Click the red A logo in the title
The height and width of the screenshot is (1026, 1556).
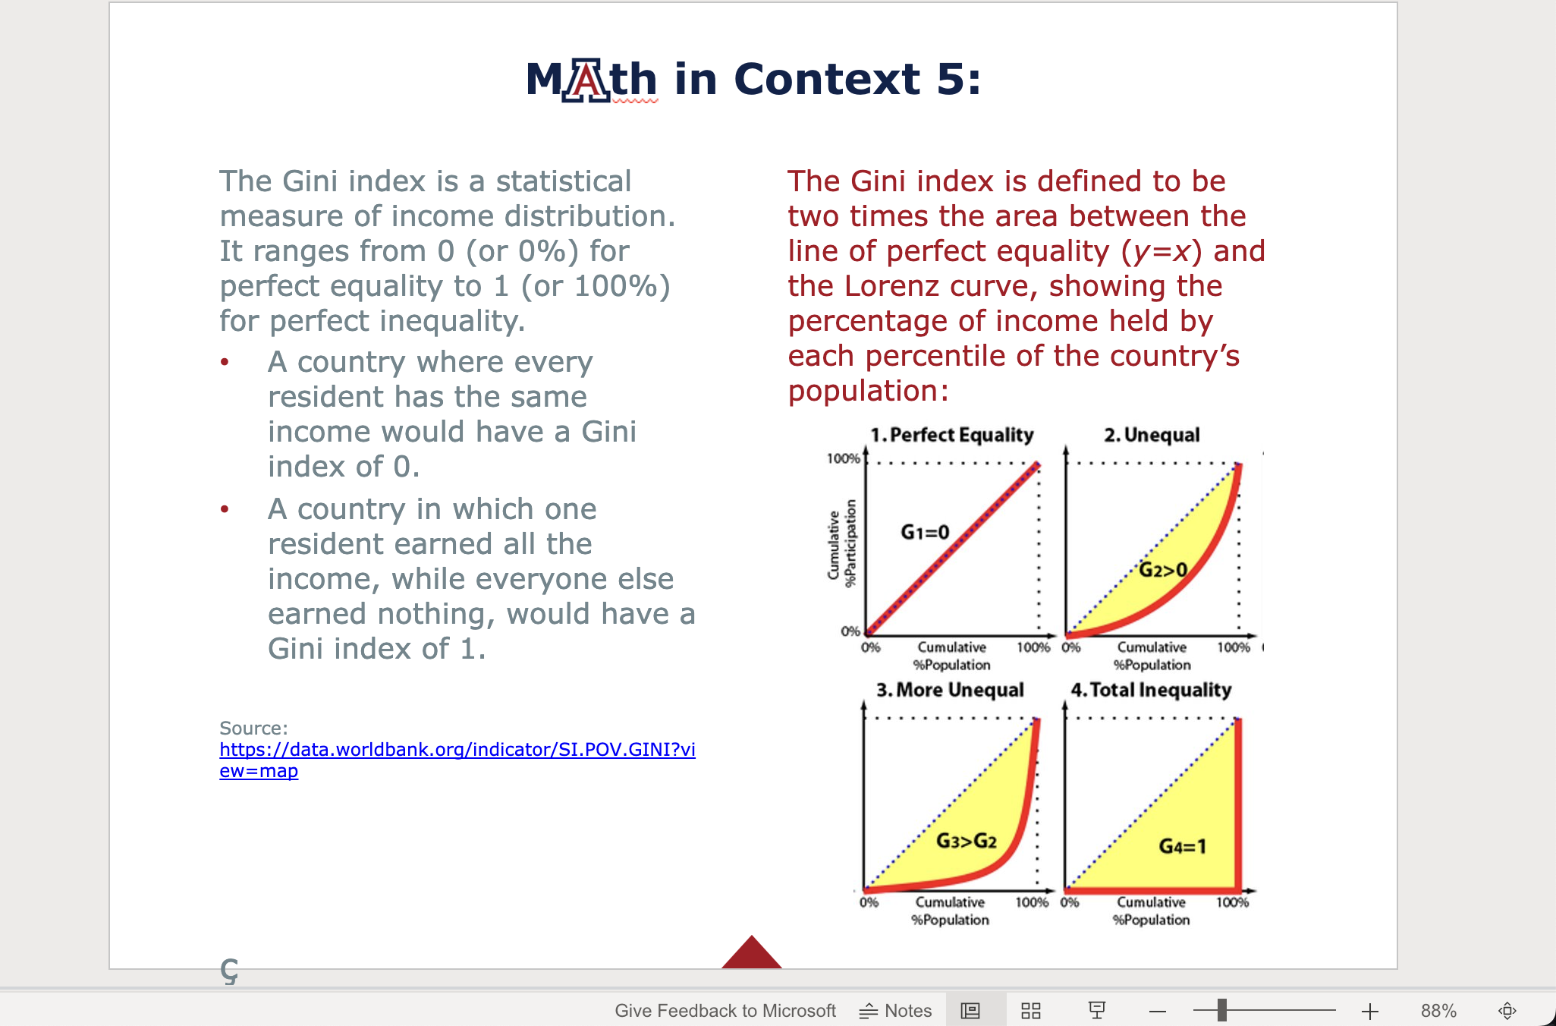(x=586, y=80)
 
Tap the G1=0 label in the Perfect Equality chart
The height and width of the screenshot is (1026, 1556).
(x=925, y=532)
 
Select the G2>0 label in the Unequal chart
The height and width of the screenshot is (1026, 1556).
(x=1163, y=569)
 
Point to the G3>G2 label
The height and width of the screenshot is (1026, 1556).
(x=966, y=841)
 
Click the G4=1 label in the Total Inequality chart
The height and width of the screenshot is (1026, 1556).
(x=1182, y=846)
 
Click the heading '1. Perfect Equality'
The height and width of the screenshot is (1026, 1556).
(x=951, y=435)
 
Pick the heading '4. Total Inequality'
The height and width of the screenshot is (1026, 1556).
(x=1150, y=690)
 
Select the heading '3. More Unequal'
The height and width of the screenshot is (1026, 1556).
(x=950, y=690)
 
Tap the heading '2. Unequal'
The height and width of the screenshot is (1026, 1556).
(x=1152, y=435)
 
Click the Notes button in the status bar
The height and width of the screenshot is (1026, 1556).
(x=896, y=1011)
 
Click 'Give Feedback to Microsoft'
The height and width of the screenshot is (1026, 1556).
(x=725, y=1011)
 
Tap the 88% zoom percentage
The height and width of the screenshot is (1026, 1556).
(x=1438, y=1011)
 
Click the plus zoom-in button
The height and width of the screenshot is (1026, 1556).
(x=1369, y=1011)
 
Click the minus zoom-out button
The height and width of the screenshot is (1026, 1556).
(x=1157, y=1011)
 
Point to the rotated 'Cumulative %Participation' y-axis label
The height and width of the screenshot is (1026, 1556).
(x=842, y=543)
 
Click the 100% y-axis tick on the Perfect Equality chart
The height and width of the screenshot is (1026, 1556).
(x=843, y=458)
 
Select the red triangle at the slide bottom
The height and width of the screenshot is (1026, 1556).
(x=751, y=955)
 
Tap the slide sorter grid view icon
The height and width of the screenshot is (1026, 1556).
(x=1030, y=1011)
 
